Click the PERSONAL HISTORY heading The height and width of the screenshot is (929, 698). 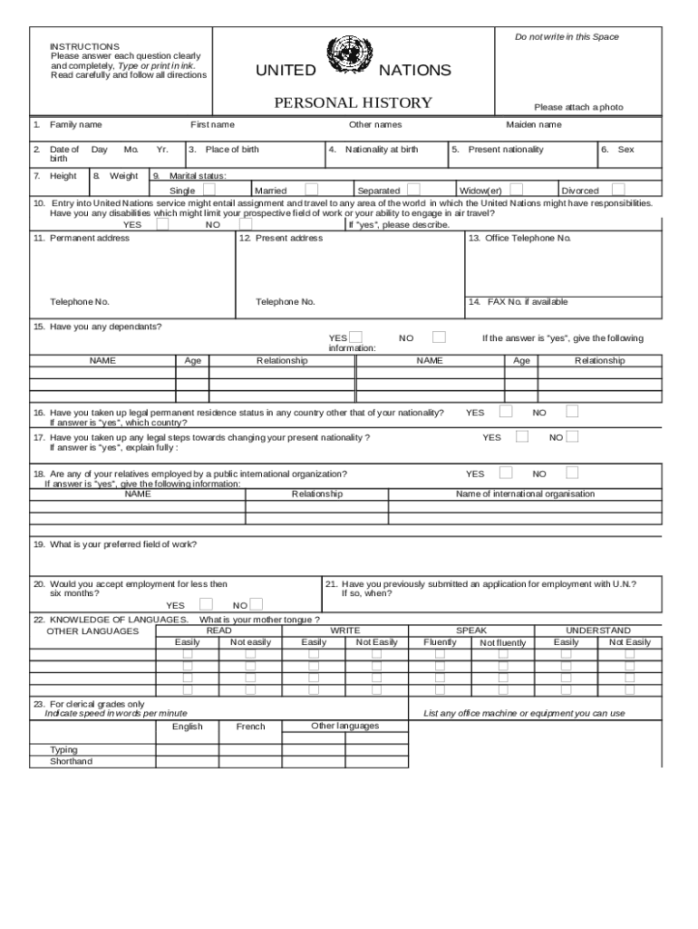pos(354,103)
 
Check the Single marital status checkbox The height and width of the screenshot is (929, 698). pos(209,190)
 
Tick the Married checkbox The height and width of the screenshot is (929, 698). pos(312,190)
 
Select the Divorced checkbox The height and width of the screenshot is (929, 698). pos(618,190)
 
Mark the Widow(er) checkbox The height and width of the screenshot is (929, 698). pos(517,190)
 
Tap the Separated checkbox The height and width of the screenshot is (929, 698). pos(413,190)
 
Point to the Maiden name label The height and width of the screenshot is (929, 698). pos(533,124)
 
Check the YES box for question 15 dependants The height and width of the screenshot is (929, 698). pos(356,337)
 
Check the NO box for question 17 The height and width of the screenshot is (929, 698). pos(572,436)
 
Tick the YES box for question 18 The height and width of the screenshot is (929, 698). pos(506,472)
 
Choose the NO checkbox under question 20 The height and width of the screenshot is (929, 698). pos(257,604)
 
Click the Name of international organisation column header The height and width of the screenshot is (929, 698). pos(525,494)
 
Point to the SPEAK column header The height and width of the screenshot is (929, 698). pos(471,630)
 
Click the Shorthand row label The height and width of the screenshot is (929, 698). pos(71,761)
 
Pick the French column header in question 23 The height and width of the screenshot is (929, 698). pos(251,727)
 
